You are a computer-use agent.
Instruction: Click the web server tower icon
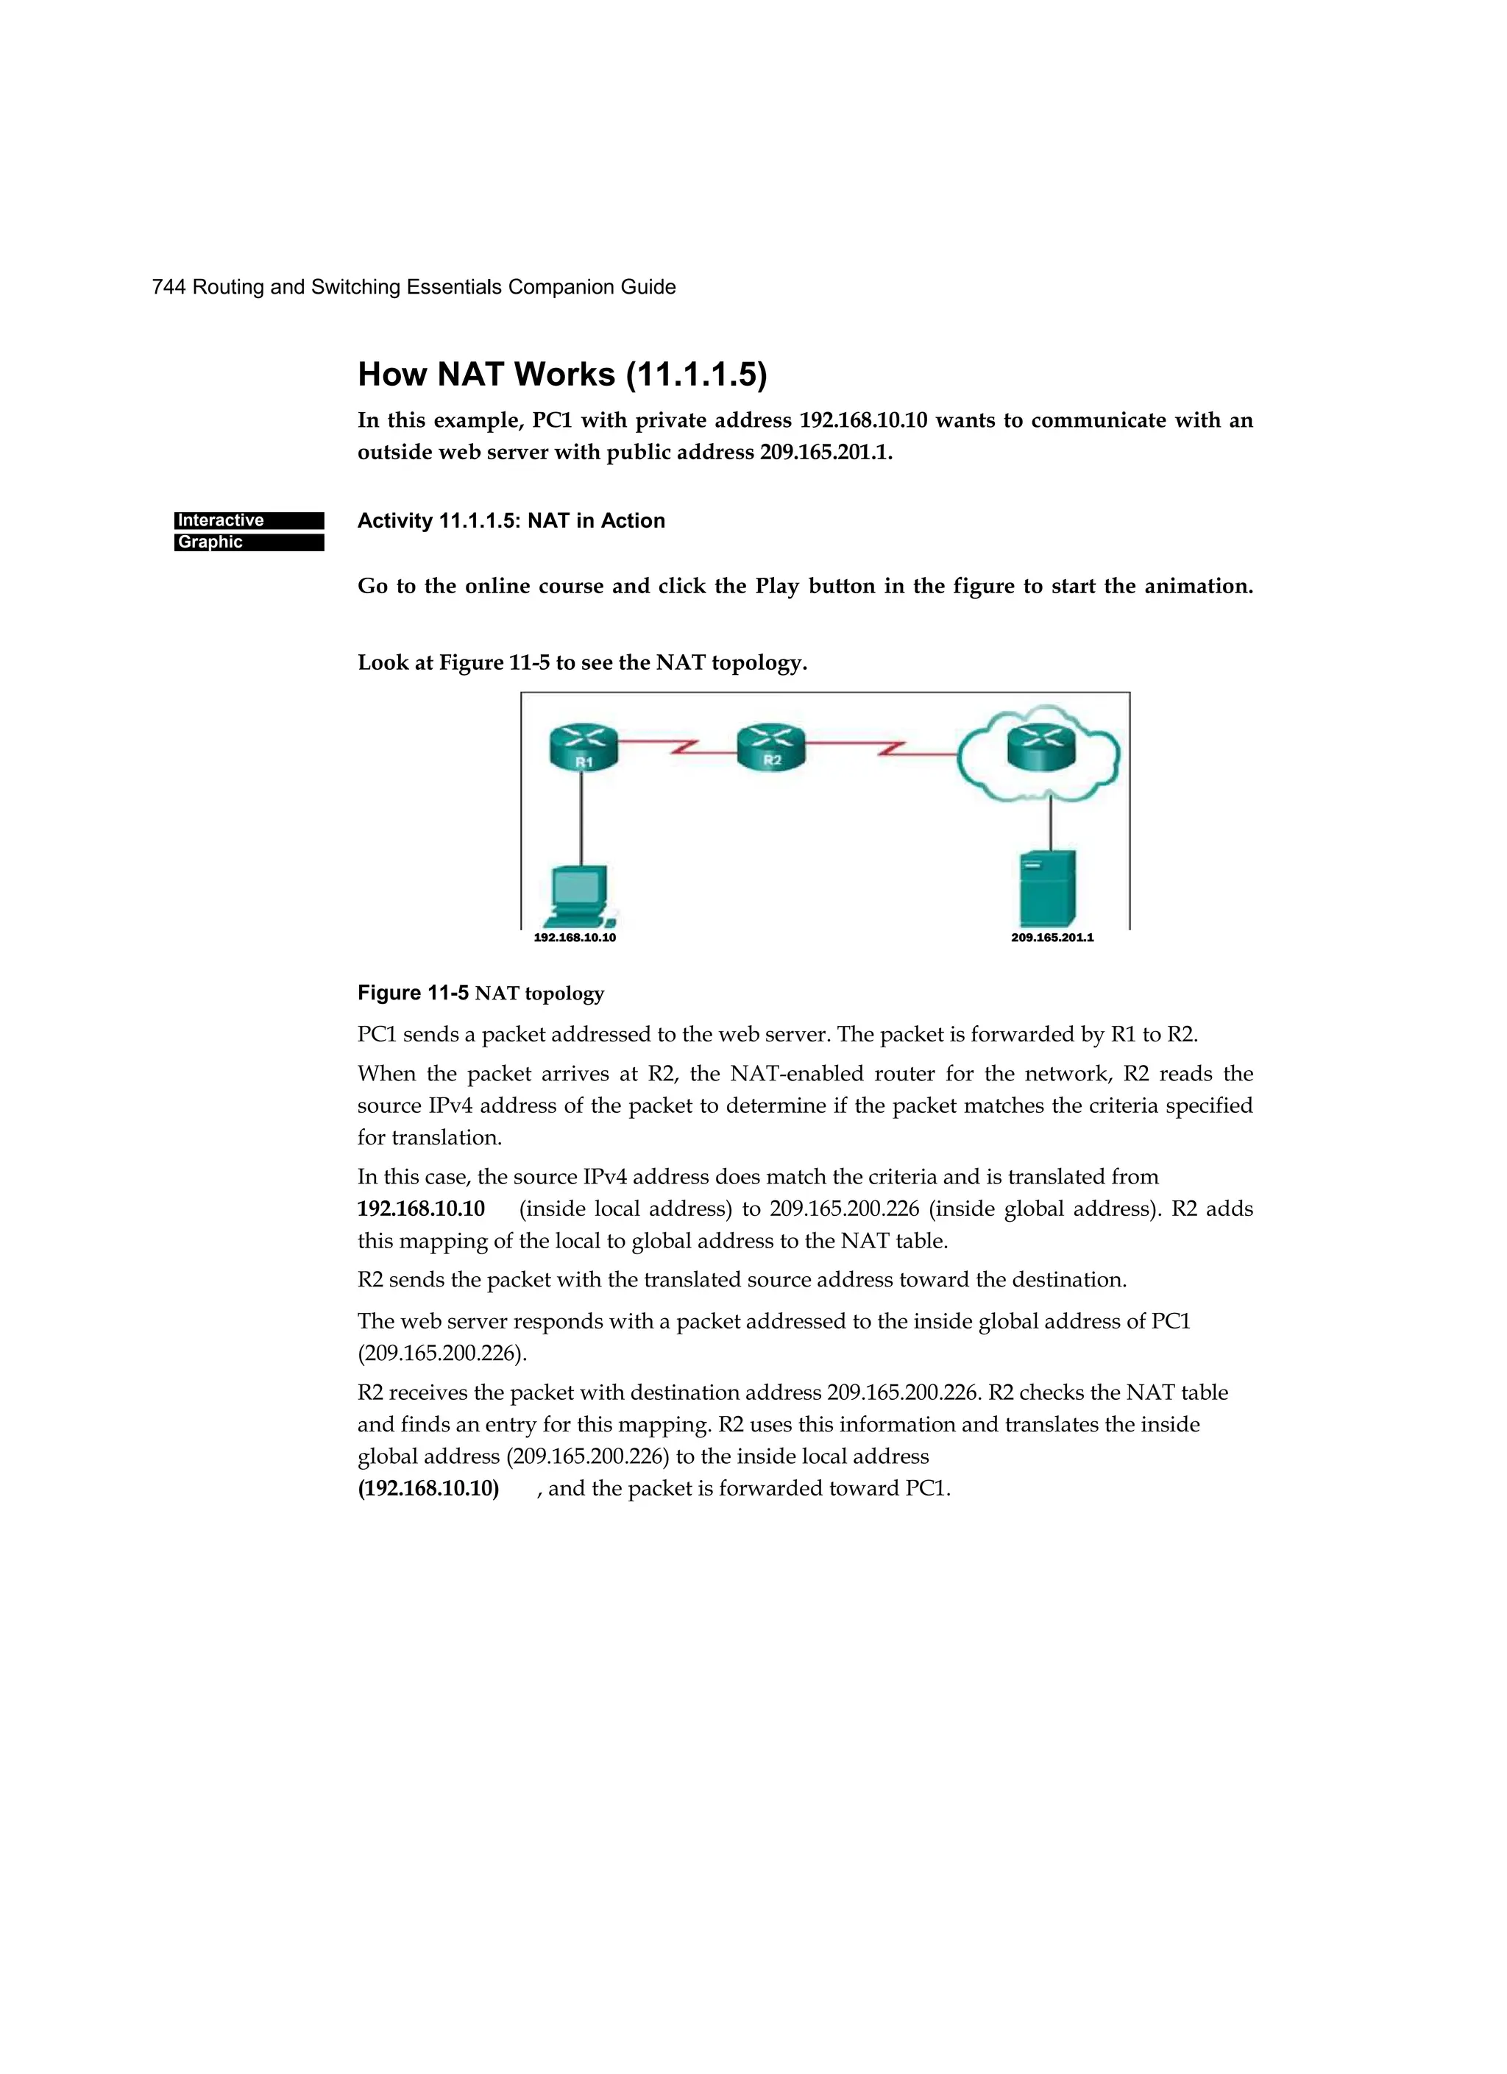coord(1048,888)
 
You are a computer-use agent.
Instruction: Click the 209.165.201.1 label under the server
coord(1052,938)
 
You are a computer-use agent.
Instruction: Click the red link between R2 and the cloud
coord(883,750)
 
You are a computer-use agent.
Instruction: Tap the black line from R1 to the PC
coord(581,818)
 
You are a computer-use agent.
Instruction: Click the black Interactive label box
coord(249,520)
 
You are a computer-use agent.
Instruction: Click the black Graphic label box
coord(249,542)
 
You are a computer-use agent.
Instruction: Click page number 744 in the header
coord(169,287)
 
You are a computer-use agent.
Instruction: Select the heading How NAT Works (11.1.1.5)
coord(561,374)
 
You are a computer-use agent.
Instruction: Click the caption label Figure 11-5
coord(412,993)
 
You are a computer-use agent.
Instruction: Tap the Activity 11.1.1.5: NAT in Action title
coord(511,520)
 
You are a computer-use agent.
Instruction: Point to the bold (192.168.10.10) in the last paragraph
coord(428,1488)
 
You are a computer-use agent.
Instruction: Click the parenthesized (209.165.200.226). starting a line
coord(442,1353)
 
